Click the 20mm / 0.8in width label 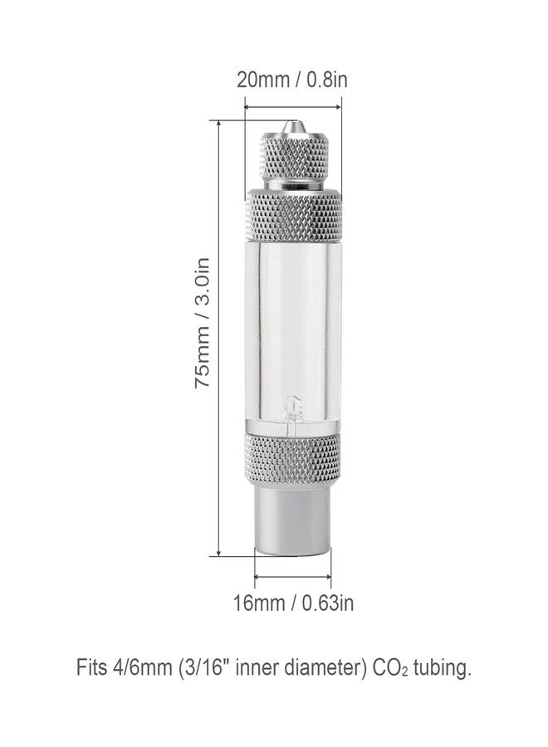pyautogui.click(x=291, y=81)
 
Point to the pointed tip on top pyautogui.click(x=291, y=126)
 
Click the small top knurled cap pyautogui.click(x=292, y=160)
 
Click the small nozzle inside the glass pyautogui.click(x=292, y=408)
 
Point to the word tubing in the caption pyautogui.click(x=442, y=668)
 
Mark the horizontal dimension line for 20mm pyautogui.click(x=292, y=105)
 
